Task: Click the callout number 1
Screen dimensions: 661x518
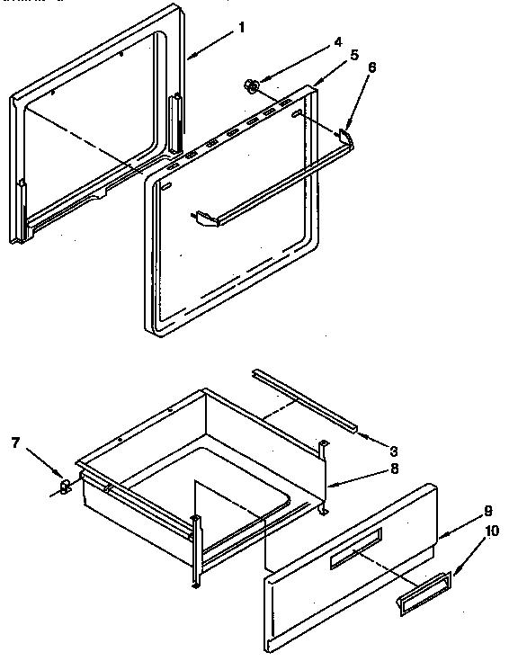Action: [x=241, y=27]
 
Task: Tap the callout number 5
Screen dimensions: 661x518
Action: [x=353, y=54]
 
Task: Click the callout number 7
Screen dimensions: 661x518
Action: [x=15, y=442]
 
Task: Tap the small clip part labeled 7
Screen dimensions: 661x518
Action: [x=65, y=487]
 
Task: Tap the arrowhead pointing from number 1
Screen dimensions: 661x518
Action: [x=192, y=58]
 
